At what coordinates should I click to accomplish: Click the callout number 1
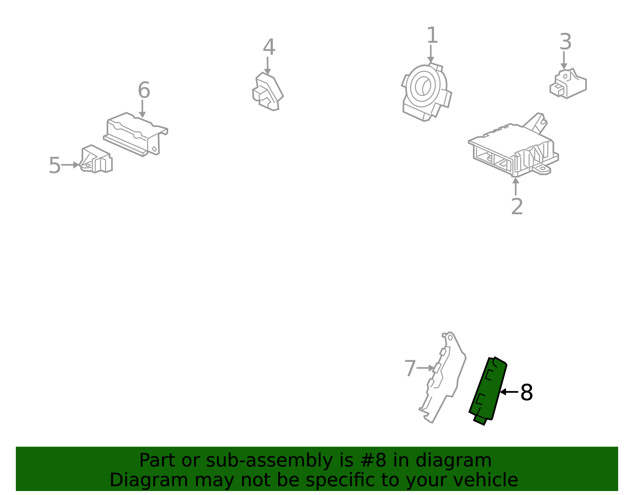point(432,36)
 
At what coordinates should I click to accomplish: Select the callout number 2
point(517,207)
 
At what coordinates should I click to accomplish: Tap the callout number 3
point(565,42)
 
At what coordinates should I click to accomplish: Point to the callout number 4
point(269,47)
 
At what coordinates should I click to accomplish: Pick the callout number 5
point(55,166)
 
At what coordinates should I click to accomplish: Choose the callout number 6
point(144,90)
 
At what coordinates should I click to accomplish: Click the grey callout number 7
point(410,369)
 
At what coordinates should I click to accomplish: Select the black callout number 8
point(527,393)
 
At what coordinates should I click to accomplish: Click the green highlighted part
point(488,391)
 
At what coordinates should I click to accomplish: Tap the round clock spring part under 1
point(426,92)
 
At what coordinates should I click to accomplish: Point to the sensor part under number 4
point(267,92)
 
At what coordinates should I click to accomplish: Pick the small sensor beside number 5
point(96,159)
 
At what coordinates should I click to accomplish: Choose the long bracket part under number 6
point(136,134)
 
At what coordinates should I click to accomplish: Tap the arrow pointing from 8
point(509,392)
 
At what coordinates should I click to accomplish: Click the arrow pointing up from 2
point(516,186)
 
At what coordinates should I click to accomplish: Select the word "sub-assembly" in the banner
point(269,461)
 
